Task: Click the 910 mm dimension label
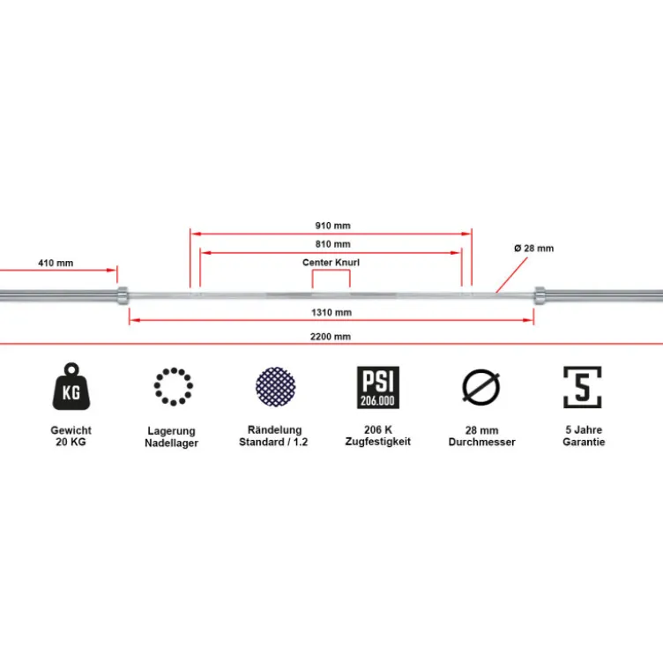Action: click(332, 226)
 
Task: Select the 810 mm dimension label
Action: click(332, 244)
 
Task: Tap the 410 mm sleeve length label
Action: click(56, 263)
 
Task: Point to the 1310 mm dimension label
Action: click(331, 312)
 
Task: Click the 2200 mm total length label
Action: click(331, 337)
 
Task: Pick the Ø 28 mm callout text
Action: click(534, 249)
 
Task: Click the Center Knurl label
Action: click(331, 263)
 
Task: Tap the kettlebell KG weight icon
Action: click(71, 386)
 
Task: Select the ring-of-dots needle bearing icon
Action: click(174, 386)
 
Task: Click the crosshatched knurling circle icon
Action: click(276, 386)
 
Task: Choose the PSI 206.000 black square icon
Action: click(378, 387)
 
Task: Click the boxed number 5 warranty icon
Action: click(582, 387)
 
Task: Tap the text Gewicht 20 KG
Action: click(71, 436)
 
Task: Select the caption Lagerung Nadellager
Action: click(171, 436)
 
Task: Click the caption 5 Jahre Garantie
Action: click(584, 436)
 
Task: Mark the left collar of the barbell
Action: click(123, 295)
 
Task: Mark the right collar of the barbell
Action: click(540, 295)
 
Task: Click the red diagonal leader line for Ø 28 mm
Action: click(511, 275)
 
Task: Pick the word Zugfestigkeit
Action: click(378, 442)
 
